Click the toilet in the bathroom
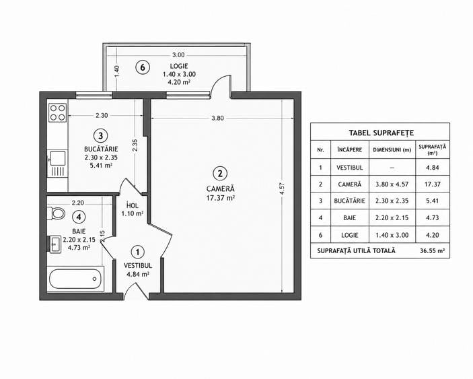pyautogui.click(x=56, y=213)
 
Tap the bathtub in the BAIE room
pyautogui.click(x=75, y=279)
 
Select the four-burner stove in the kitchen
pyautogui.click(x=58, y=112)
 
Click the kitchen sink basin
pyautogui.click(x=58, y=158)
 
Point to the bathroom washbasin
pyautogui.click(x=55, y=244)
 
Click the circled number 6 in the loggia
pyautogui.click(x=143, y=67)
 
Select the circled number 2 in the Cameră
pyautogui.click(x=220, y=174)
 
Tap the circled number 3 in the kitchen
pyautogui.click(x=101, y=136)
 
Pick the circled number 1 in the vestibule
pyautogui.click(x=138, y=252)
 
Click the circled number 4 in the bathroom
pyautogui.click(x=79, y=217)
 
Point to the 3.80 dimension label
pyautogui.click(x=217, y=118)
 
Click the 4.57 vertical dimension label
pyautogui.click(x=282, y=189)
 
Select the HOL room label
pyautogui.click(x=133, y=205)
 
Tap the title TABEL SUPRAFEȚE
pyautogui.click(x=381, y=133)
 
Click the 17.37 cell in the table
pyautogui.click(x=433, y=184)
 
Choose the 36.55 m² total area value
pyautogui.click(x=432, y=250)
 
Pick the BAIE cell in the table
pyautogui.click(x=350, y=217)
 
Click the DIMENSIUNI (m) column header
pyautogui.click(x=392, y=149)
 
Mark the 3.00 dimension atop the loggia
pyautogui.click(x=178, y=55)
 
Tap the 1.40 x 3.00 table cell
pyautogui.click(x=392, y=235)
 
